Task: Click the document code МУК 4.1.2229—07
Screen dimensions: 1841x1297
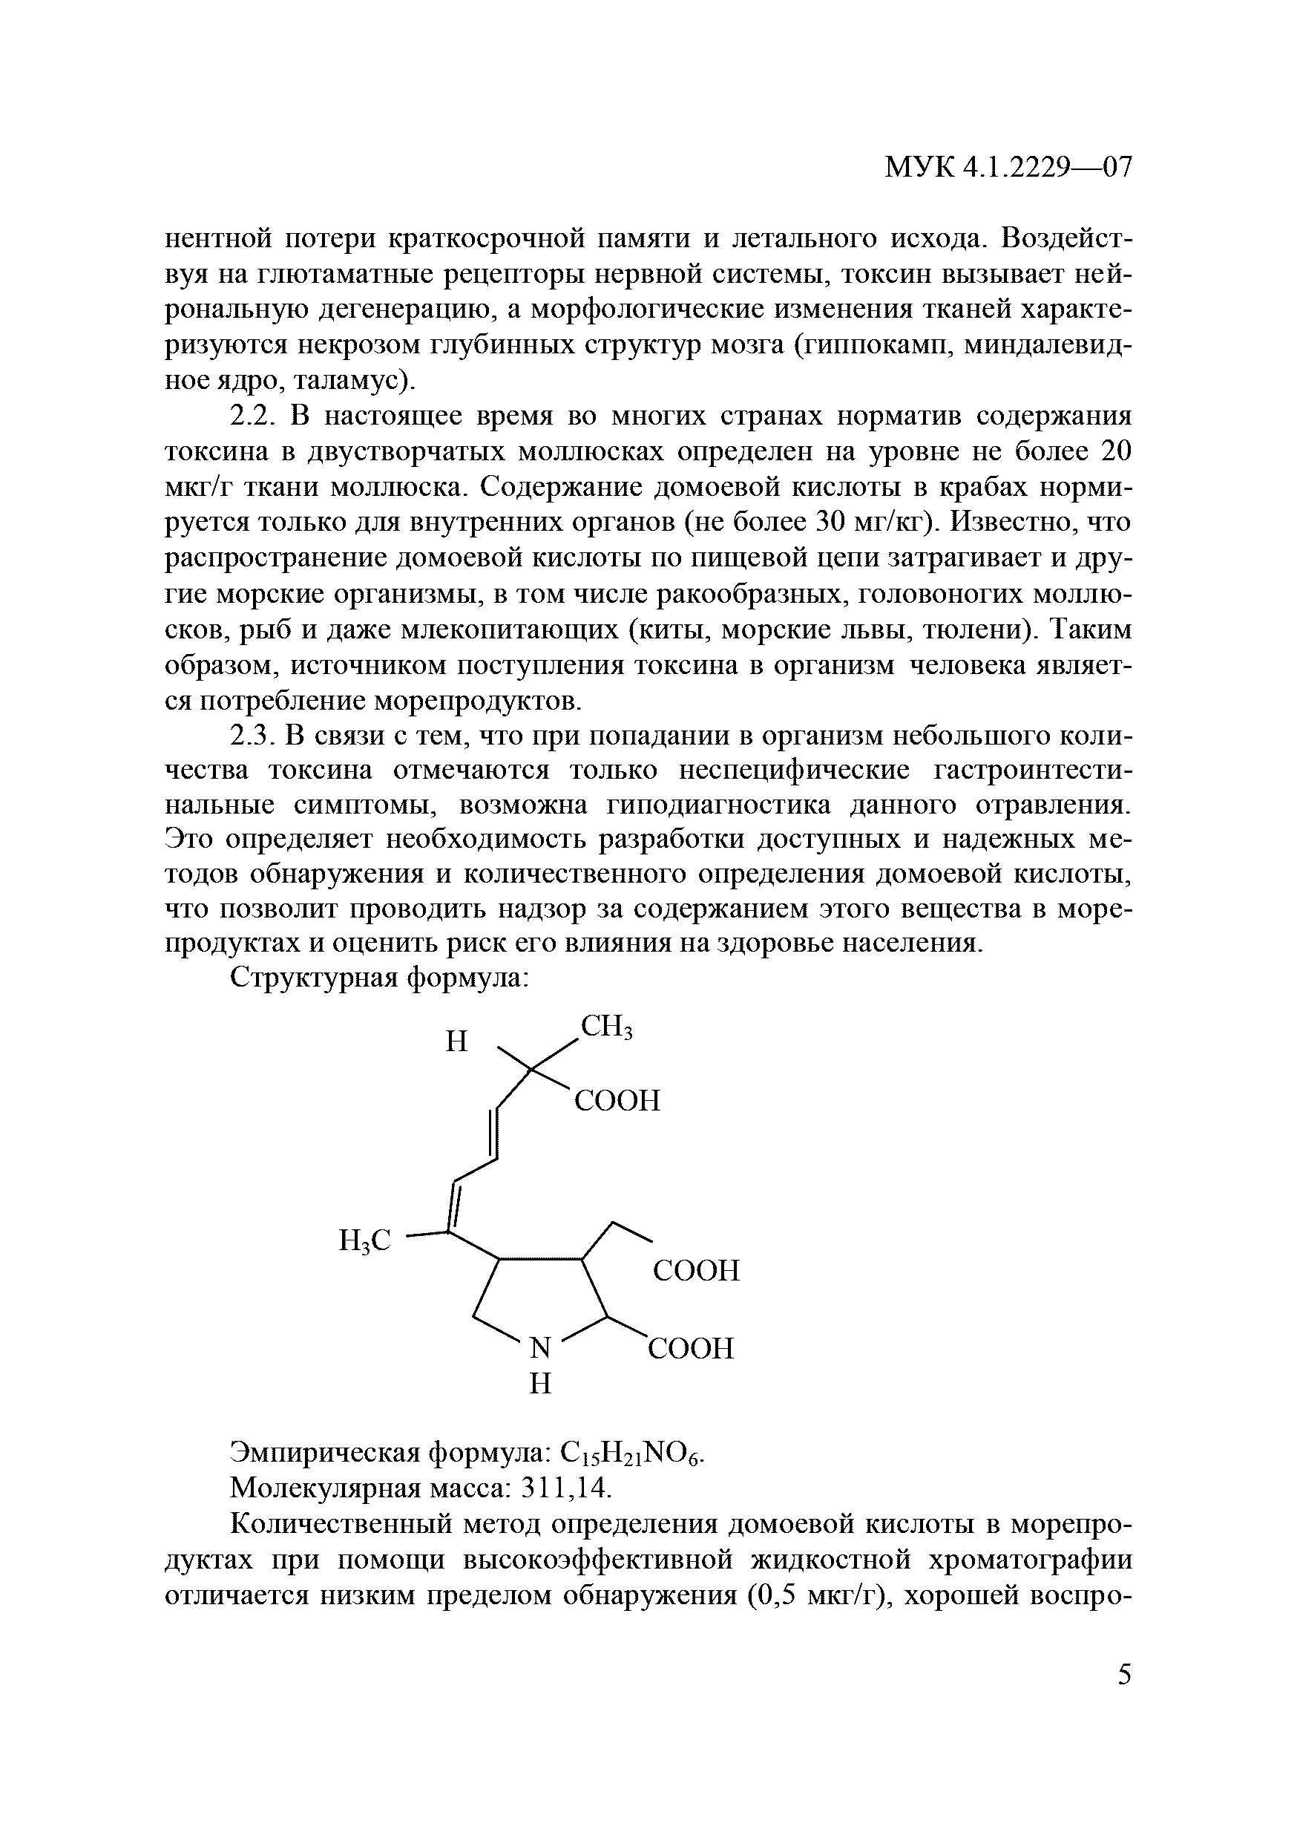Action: tap(1008, 168)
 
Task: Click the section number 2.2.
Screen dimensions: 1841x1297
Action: tap(252, 417)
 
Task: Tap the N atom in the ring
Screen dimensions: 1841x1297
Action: tap(541, 1348)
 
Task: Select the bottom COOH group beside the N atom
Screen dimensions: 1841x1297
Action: tap(690, 1348)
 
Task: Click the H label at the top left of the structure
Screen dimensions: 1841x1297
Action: tap(456, 1042)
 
